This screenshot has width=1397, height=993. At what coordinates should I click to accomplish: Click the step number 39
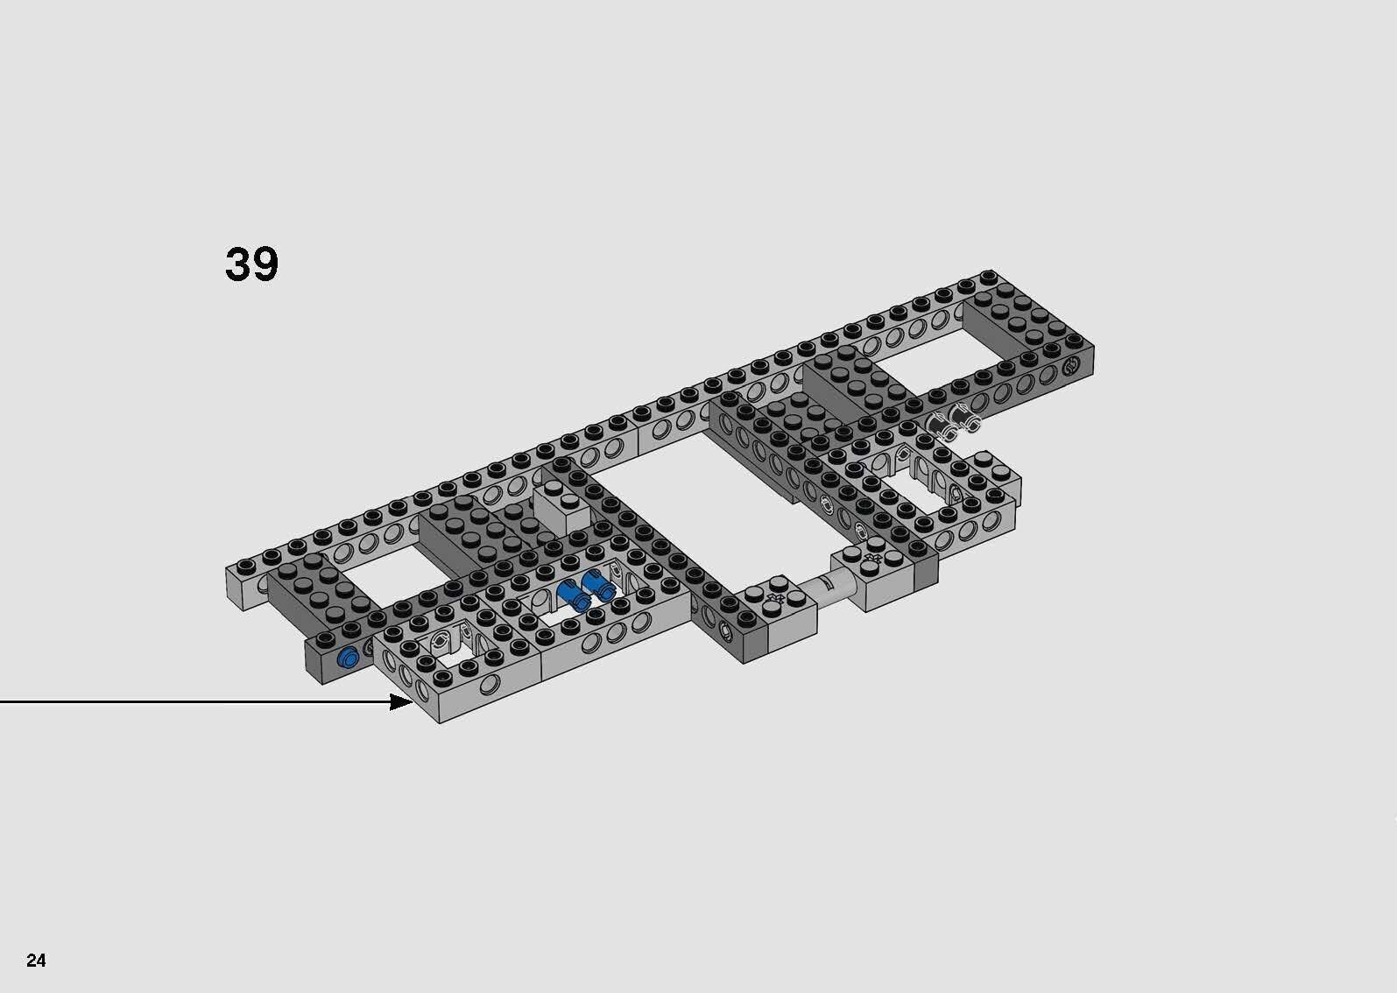[x=251, y=264]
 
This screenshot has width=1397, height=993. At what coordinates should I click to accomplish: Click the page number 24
[x=36, y=961]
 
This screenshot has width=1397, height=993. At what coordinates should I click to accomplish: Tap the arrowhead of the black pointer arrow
[x=404, y=701]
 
